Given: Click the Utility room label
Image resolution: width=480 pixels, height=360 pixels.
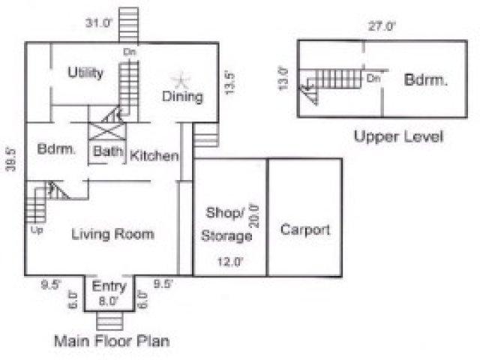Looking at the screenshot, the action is [x=85, y=73].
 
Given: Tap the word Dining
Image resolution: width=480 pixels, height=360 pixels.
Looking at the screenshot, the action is [x=182, y=97].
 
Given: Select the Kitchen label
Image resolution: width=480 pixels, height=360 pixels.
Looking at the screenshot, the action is [x=154, y=156].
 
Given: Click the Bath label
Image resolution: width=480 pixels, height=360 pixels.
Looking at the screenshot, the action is [x=108, y=151].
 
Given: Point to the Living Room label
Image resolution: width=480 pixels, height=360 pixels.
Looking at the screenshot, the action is [x=112, y=234].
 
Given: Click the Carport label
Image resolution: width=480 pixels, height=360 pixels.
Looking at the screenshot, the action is [x=305, y=230].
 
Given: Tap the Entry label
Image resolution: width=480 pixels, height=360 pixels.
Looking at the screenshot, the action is [x=109, y=286].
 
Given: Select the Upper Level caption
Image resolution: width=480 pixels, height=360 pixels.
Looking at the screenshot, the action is [x=398, y=136].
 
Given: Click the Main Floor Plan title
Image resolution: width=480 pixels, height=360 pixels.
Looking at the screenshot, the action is [x=112, y=341].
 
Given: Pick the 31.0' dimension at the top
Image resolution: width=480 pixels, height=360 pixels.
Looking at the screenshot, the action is [x=98, y=23].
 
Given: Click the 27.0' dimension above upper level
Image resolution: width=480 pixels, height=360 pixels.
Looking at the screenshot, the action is [x=382, y=26].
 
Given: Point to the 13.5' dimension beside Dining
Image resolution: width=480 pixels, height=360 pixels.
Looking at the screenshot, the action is [x=229, y=83].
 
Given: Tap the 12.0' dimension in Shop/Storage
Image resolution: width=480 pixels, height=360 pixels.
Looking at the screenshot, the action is [x=230, y=262].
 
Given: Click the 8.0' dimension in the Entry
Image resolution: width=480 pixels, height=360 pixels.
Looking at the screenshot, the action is [x=108, y=301].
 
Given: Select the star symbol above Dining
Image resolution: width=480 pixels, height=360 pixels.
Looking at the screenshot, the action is [x=181, y=80].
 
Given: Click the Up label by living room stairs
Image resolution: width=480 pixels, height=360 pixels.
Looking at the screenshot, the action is [x=37, y=230].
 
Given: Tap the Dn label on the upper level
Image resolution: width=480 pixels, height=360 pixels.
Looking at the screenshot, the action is [x=373, y=79].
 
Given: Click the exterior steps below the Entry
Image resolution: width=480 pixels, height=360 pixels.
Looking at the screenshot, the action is [x=110, y=321].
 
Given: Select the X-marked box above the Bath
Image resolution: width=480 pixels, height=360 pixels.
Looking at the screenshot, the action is [x=106, y=132].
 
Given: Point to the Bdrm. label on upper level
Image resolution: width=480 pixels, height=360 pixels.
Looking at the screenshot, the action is [x=425, y=80].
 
